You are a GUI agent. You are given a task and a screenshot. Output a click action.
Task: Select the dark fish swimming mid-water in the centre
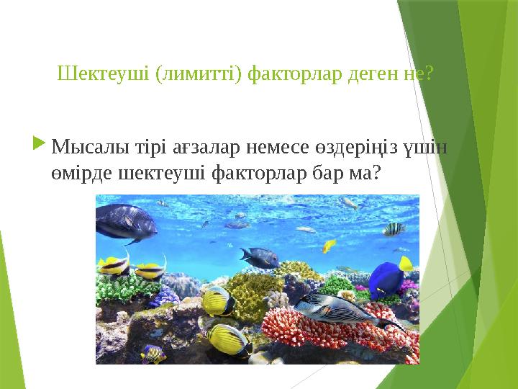(260, 256)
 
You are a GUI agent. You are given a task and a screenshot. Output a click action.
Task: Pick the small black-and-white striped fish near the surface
(394, 229)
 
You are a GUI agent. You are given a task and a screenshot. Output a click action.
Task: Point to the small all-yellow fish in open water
(329, 246)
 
